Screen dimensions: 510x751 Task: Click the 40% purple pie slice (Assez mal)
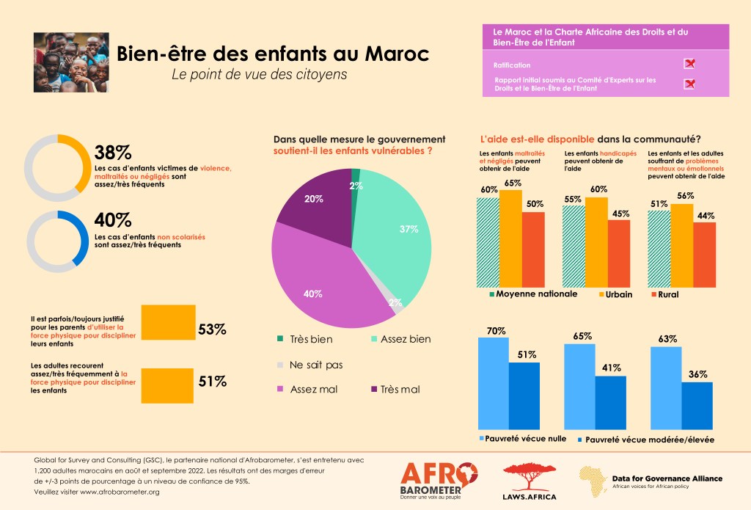pos(323,279)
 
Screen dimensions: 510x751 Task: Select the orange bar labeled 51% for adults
pos(168,380)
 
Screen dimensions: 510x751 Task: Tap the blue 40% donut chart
pos(58,240)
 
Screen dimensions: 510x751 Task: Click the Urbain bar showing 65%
pos(510,238)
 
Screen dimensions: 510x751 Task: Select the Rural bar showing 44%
pos(703,254)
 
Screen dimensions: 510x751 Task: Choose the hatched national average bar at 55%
pos(574,246)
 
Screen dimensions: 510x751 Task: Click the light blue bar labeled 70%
pos(493,382)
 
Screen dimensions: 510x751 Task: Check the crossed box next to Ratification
pos(689,64)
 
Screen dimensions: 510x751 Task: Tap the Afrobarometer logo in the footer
pos(439,480)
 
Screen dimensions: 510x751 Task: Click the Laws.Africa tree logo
pos(528,480)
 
